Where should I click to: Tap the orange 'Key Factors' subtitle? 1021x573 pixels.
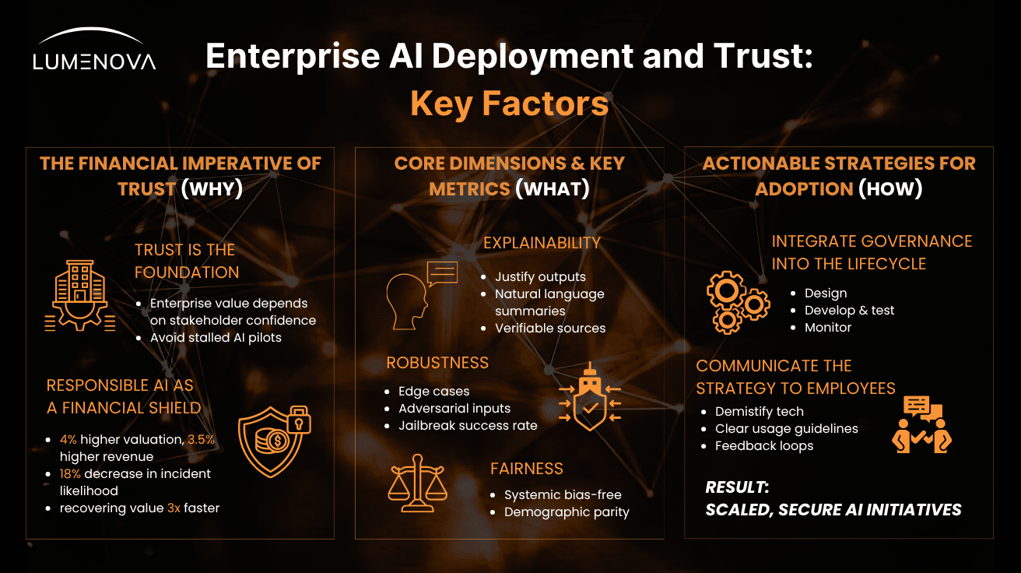click(x=509, y=104)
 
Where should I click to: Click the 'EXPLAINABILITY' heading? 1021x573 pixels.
click(x=542, y=243)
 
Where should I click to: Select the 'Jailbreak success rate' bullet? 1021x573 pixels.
click(x=468, y=425)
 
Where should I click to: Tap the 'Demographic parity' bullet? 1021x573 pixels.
click(x=567, y=511)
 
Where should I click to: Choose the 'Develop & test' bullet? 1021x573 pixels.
click(x=849, y=310)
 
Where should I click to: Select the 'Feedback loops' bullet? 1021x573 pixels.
click(x=764, y=445)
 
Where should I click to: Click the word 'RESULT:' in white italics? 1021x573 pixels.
click(x=737, y=487)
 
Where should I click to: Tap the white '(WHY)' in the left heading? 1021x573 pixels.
click(x=212, y=188)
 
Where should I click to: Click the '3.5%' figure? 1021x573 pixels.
click(x=202, y=440)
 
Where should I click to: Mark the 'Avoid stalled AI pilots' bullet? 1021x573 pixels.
click(x=215, y=338)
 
